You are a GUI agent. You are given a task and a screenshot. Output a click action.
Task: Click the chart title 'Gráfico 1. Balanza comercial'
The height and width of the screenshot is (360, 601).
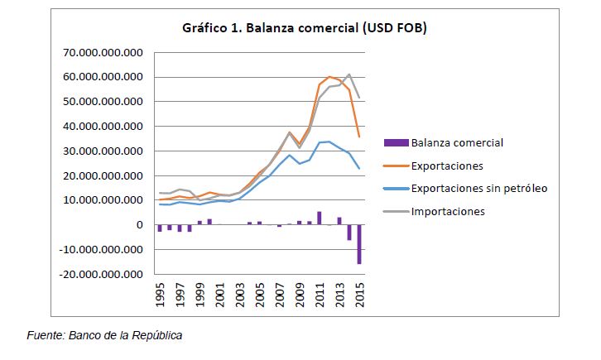click(269, 28)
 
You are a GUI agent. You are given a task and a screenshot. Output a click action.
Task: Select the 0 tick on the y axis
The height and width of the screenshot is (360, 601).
click(140, 225)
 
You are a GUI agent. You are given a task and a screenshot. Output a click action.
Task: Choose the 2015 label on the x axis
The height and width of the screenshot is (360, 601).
click(360, 295)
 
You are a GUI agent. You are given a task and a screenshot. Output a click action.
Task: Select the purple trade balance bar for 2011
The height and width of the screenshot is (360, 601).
click(320, 218)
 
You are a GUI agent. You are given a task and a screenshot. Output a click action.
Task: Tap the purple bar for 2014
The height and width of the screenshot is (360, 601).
click(349, 233)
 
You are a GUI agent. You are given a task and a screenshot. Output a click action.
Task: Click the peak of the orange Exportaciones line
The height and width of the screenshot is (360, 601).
click(329, 77)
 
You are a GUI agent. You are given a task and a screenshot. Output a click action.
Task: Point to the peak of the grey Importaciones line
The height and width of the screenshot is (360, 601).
click(349, 74)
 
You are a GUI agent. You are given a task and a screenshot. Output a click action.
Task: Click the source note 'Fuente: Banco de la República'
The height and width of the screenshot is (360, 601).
click(104, 335)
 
